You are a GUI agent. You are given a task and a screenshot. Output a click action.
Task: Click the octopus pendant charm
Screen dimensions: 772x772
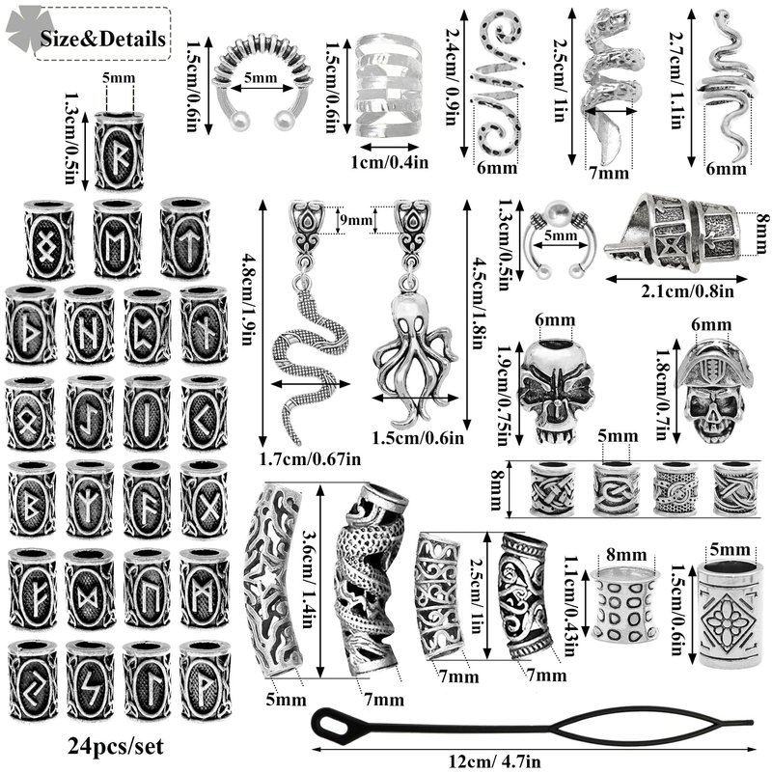pos(415,345)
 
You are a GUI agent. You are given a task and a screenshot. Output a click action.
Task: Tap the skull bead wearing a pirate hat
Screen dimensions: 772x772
pos(714,391)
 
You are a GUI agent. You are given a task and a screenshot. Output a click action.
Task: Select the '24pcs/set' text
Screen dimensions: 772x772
pos(116,747)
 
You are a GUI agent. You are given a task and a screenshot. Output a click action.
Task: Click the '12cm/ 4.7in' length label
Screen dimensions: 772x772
pos(495,761)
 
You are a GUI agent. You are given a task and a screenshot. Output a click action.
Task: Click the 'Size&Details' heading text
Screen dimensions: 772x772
pos(103,39)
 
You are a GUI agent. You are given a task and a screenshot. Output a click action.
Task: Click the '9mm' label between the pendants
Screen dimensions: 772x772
pos(355,219)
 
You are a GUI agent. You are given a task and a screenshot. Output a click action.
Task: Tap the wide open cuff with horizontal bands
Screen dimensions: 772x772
pos(388,86)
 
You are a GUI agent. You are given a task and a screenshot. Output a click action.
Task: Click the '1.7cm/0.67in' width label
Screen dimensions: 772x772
pos(310,459)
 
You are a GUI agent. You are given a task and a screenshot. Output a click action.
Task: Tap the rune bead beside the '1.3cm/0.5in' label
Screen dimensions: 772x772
pos(119,151)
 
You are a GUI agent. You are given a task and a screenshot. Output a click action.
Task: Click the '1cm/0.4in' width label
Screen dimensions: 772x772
pos(389,161)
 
